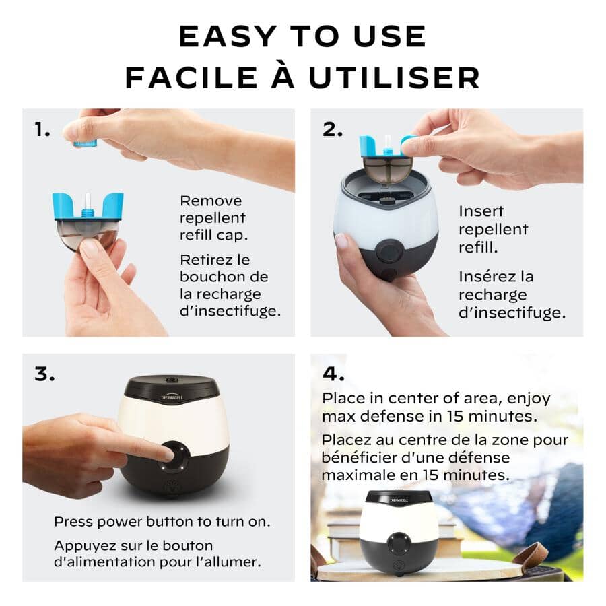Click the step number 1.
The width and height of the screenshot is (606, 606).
click(x=42, y=130)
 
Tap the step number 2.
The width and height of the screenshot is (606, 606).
click(x=332, y=129)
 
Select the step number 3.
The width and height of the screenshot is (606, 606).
click(x=44, y=374)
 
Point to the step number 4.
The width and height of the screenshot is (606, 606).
click(x=333, y=374)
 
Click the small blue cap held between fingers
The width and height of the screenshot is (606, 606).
click(x=86, y=143)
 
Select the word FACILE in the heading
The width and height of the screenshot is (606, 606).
click(x=191, y=77)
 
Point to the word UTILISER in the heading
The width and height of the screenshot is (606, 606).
click(x=395, y=77)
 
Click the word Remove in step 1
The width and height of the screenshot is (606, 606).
click(x=211, y=201)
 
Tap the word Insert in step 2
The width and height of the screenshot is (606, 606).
click(x=481, y=211)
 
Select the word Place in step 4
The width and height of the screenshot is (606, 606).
click(x=341, y=398)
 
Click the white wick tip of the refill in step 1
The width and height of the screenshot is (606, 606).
click(x=88, y=199)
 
